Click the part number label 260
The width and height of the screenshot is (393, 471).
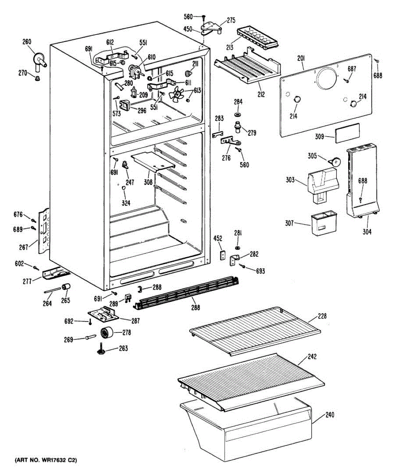(27, 42)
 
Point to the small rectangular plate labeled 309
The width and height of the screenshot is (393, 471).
(347, 131)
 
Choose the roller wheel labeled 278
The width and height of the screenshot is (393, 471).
(106, 333)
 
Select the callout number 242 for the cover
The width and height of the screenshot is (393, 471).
(312, 357)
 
